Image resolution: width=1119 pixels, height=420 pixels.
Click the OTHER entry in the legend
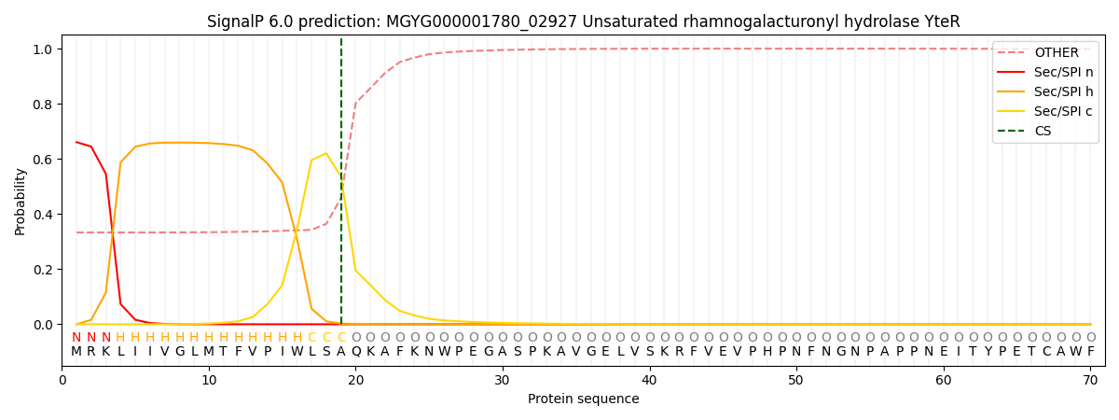[x=1056, y=53]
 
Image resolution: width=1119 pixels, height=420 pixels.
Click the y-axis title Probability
[x=21, y=201]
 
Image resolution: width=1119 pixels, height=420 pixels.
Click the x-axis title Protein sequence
[x=583, y=399]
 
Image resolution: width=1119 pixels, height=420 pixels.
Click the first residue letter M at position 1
[x=76, y=352]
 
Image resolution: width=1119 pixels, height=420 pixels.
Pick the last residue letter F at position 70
[x=1090, y=352]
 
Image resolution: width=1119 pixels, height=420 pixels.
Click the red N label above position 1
[x=76, y=338]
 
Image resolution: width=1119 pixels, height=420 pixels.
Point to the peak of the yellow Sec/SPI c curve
[x=326, y=153]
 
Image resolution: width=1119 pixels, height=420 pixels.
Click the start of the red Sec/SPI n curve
[x=76, y=142]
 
